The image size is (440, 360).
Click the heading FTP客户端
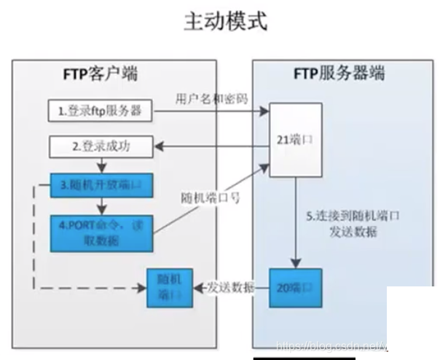(101, 74)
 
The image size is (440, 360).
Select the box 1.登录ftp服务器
(100, 111)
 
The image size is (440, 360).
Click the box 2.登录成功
(100, 146)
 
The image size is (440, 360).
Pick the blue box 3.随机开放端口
(100, 188)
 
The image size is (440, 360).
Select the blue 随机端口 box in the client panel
(169, 287)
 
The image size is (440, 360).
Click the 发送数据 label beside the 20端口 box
(231, 287)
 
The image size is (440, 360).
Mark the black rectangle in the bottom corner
(412, 321)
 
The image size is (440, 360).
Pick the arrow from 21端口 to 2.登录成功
(211, 146)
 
